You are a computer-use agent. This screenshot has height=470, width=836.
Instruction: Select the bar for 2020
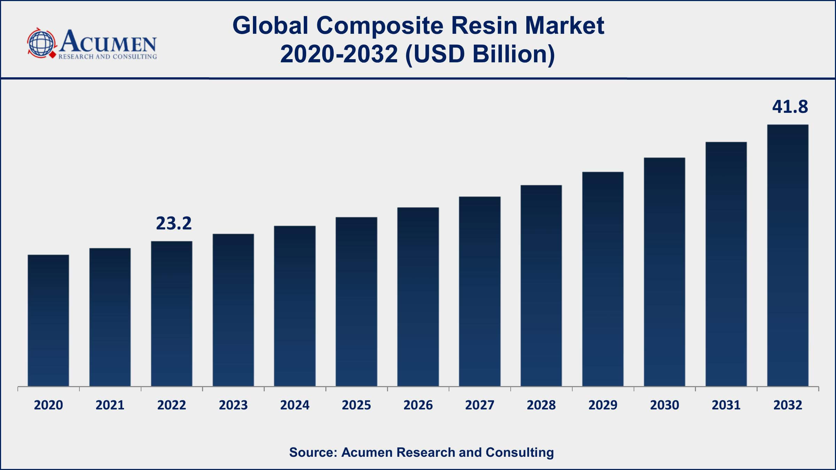click(48, 320)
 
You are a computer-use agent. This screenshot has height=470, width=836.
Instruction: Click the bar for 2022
click(171, 313)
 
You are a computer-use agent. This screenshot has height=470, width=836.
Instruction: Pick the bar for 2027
click(480, 291)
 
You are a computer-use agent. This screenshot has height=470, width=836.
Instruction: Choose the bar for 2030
click(664, 272)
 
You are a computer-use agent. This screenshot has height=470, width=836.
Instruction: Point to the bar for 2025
click(356, 301)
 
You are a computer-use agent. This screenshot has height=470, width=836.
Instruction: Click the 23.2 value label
click(173, 224)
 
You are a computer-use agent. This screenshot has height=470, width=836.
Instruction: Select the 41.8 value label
click(790, 107)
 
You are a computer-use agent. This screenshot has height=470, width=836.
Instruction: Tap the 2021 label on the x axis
click(110, 405)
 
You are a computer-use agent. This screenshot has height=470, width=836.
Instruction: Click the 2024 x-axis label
click(295, 405)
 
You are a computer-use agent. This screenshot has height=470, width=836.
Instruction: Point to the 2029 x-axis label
click(603, 405)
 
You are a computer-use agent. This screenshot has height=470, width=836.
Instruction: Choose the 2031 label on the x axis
click(726, 405)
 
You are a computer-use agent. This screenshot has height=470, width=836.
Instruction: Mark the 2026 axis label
click(418, 405)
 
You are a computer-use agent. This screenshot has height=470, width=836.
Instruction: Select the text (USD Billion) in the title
click(480, 54)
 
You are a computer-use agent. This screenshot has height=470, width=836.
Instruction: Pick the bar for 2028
click(541, 285)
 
